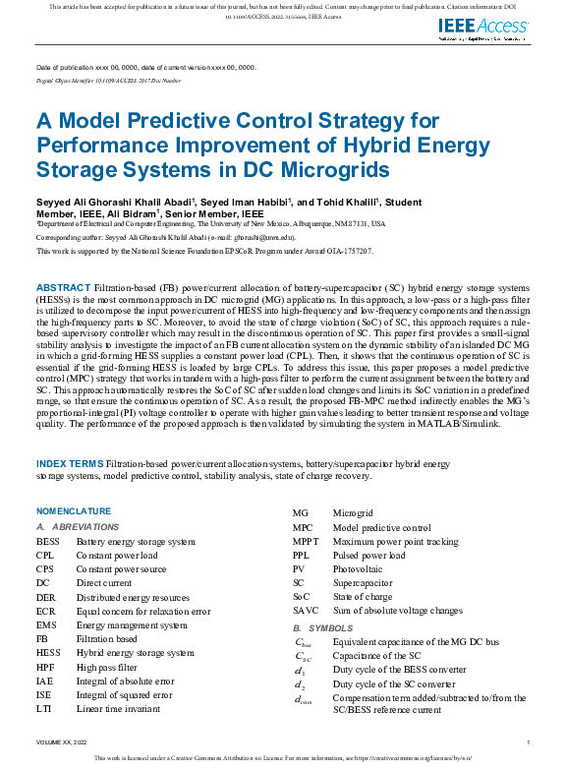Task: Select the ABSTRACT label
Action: pos(64,285)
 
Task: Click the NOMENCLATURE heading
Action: pos(74,512)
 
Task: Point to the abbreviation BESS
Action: pos(48,542)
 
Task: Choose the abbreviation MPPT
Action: pos(307,542)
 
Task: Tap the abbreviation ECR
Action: pos(46,611)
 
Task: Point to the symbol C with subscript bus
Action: pos(305,642)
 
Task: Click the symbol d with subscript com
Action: pos(306,700)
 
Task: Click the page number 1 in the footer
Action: pos(528,741)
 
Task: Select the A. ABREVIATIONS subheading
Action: pos(78,528)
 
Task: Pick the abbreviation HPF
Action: pos(46,667)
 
